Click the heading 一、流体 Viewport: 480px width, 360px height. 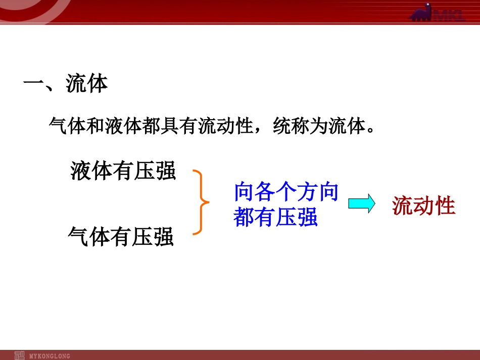click(x=65, y=83)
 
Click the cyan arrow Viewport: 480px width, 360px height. click(x=362, y=203)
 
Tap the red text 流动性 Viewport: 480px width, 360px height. click(x=423, y=205)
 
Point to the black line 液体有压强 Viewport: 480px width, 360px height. click(x=123, y=170)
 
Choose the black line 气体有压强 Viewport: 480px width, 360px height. click(x=121, y=236)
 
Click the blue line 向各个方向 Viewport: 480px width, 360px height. click(x=286, y=192)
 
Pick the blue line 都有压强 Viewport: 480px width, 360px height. click(x=275, y=217)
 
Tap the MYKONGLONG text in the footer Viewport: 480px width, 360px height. click(x=50, y=356)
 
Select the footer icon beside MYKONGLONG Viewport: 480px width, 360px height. click(x=19, y=355)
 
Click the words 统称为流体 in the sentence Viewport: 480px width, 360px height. click(x=319, y=126)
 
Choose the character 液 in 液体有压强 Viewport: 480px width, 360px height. click(x=80, y=170)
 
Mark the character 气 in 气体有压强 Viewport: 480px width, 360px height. click(x=78, y=236)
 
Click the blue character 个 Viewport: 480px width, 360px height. click(x=286, y=192)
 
